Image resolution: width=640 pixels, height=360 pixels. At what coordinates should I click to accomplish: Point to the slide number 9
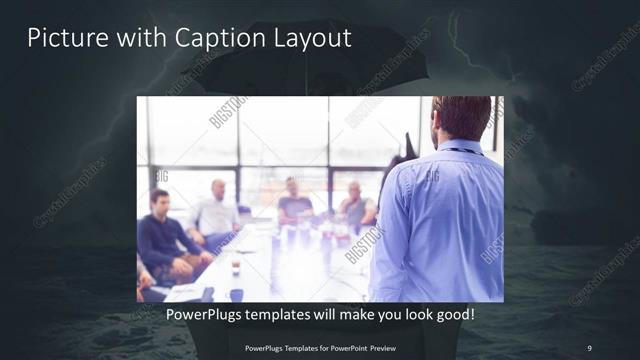[589, 347]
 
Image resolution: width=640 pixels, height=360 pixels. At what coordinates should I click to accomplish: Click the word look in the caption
[412, 314]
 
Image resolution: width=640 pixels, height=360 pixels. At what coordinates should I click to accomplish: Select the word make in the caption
[346, 314]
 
